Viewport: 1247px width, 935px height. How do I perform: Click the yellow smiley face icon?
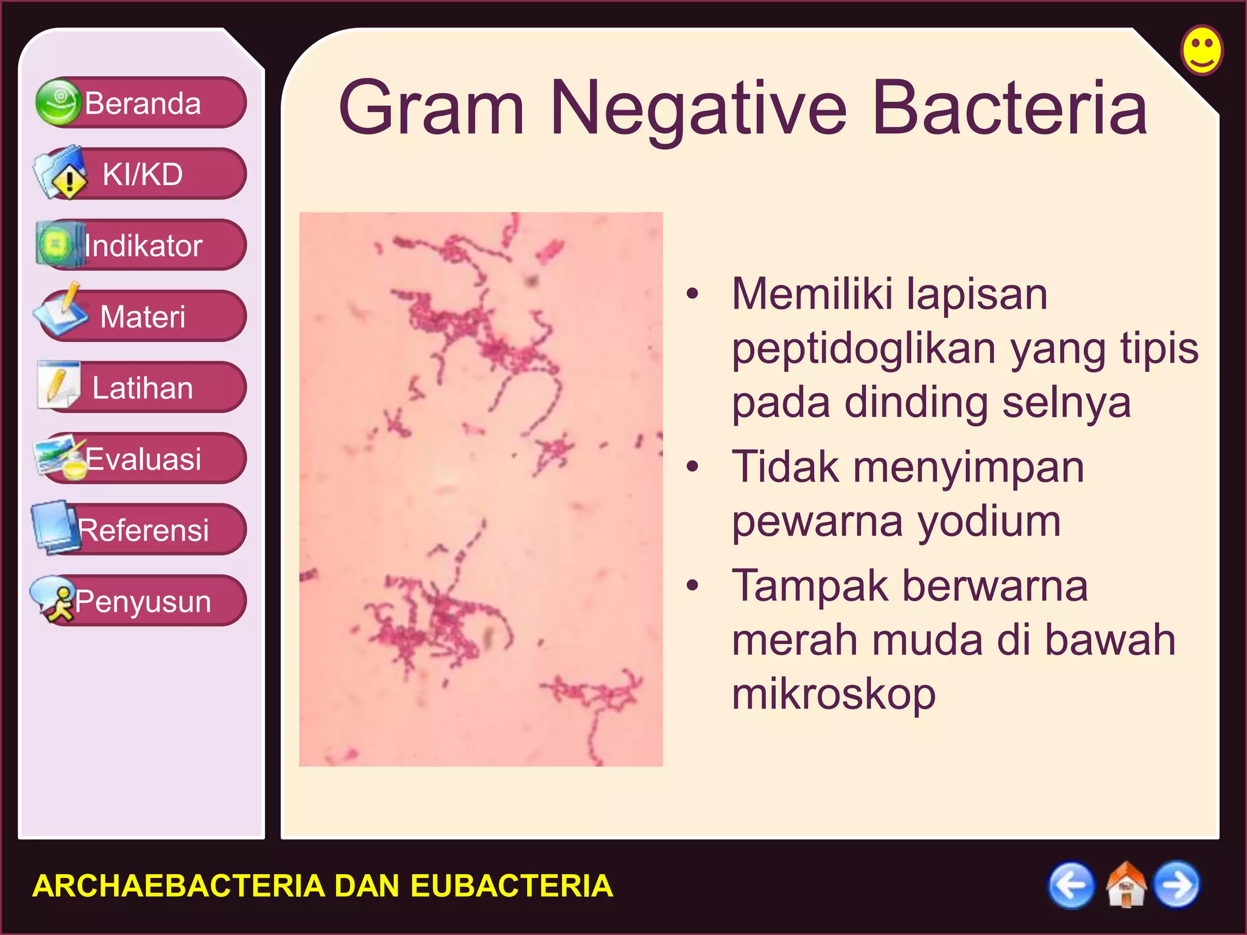[x=1201, y=50]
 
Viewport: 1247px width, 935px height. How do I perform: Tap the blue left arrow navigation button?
[x=1070, y=885]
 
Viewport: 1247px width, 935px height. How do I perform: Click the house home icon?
[x=1125, y=885]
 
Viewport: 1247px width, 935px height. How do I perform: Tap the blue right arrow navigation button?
[x=1178, y=885]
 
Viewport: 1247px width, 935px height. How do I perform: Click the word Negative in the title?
[x=698, y=110]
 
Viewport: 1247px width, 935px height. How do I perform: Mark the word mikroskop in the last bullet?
[x=834, y=694]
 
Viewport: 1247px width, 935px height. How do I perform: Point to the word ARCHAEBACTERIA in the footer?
[x=178, y=886]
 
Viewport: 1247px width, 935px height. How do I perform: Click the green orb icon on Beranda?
[x=58, y=102]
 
